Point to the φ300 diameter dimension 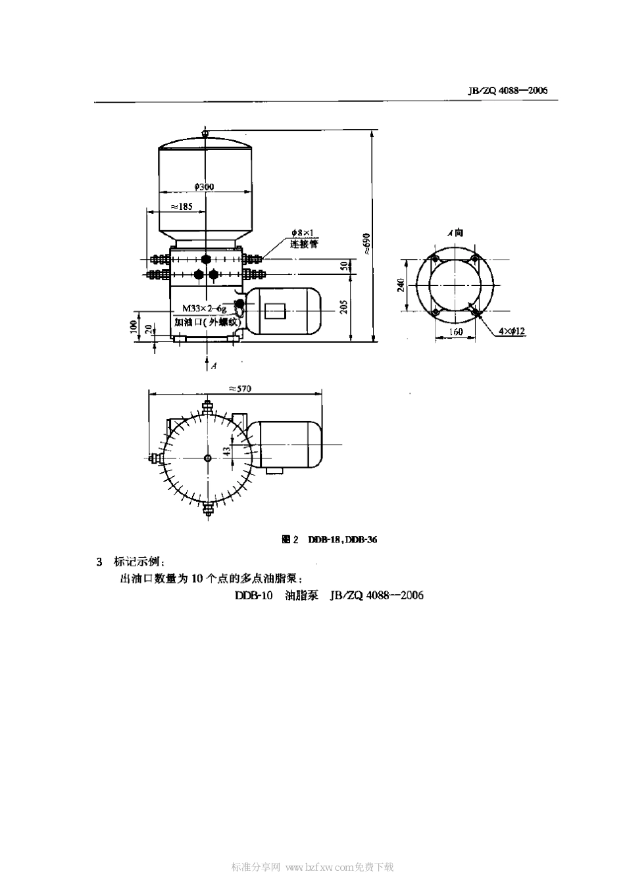(x=204, y=187)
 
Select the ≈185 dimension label (x=181, y=206)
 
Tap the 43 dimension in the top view (x=226, y=451)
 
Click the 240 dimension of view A (x=400, y=285)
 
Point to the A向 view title (x=455, y=233)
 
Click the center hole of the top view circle (x=207, y=458)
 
